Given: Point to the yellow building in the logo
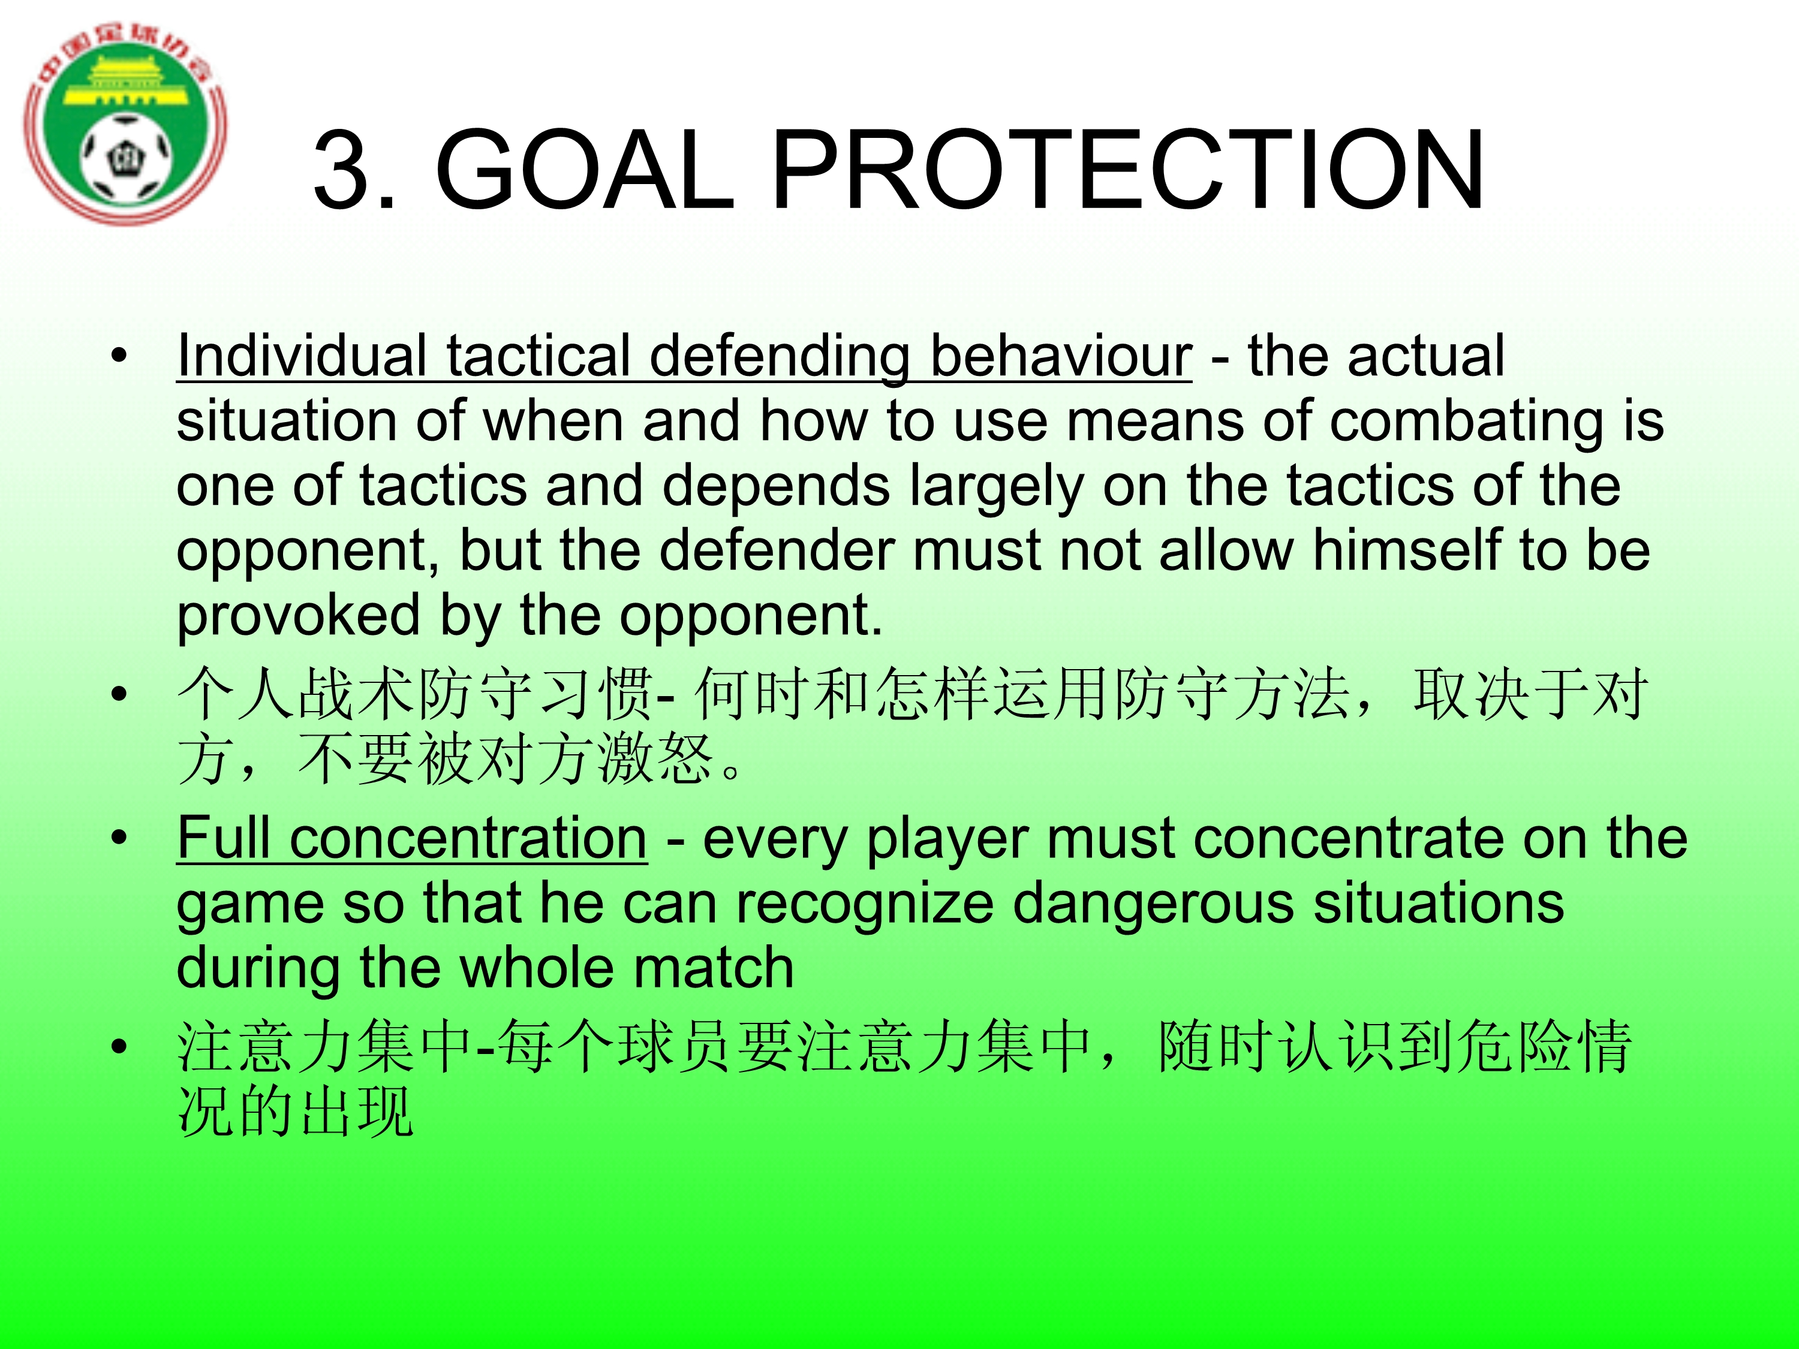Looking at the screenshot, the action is pyautogui.click(x=126, y=82).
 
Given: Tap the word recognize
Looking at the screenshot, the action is pyautogui.click(x=865, y=905).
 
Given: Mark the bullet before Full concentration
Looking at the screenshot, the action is pyautogui.click(x=119, y=838).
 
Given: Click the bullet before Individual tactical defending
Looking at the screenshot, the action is pyautogui.click(x=119, y=356).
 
